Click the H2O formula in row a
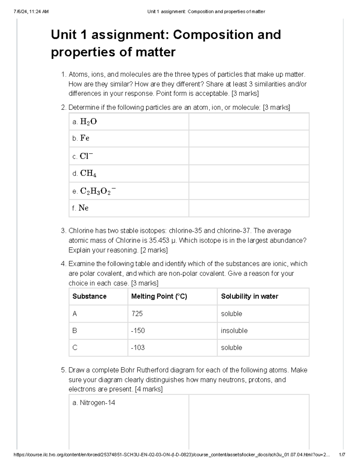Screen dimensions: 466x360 coord(88,122)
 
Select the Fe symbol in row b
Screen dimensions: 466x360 coord(85,138)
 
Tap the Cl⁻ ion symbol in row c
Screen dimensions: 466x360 coord(86,156)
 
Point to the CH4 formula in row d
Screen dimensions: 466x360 coord(88,173)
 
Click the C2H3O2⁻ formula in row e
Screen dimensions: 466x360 coord(98,191)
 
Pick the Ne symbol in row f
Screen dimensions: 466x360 coord(83,208)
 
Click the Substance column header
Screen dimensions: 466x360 coord(89,296)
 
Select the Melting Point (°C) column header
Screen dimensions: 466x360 coord(159,296)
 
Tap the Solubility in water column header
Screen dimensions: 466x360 coord(250,296)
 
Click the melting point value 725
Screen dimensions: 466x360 coord(137,314)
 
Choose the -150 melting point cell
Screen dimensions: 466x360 coord(138,331)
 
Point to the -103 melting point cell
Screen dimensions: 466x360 coord(138,347)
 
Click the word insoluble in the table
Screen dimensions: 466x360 coord(234,331)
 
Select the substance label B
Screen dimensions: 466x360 coord(75,331)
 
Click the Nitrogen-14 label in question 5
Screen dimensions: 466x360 coord(97,403)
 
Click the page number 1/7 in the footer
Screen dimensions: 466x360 coord(342,455)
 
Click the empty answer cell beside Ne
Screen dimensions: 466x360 coord(249,208)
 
